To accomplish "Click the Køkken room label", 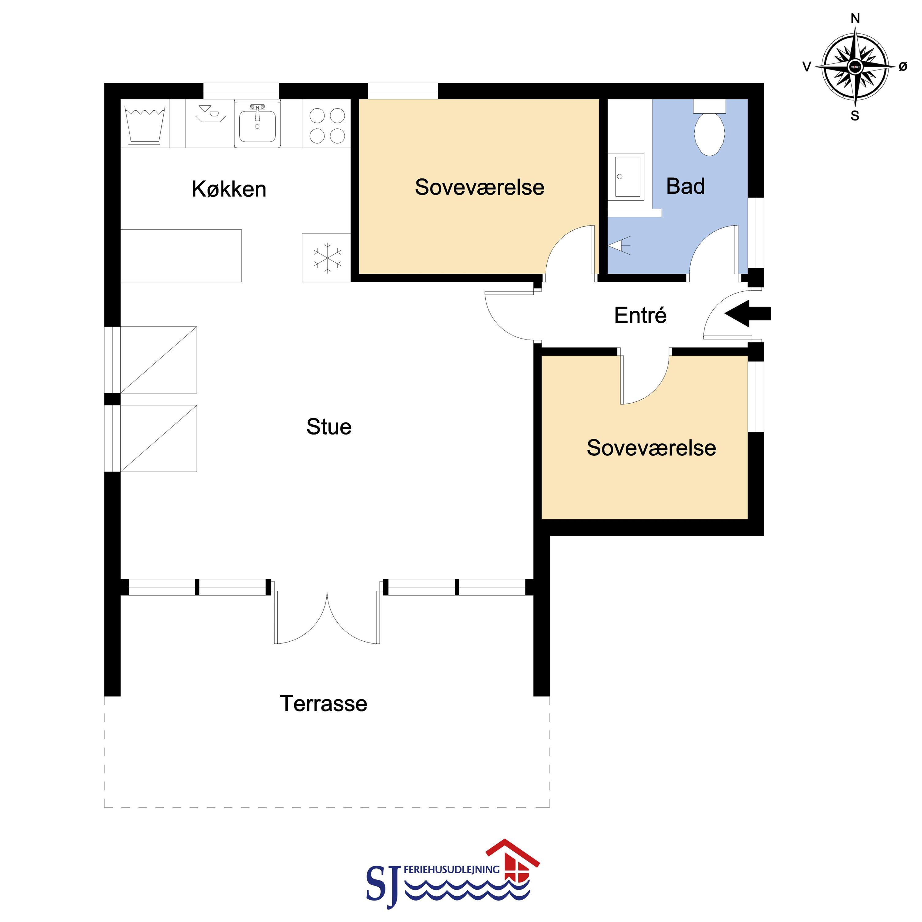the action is point(229,189).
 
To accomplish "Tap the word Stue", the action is point(329,427).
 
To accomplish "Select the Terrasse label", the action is point(324,704).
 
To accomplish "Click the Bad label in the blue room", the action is point(685,186).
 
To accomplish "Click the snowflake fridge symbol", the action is point(327,258).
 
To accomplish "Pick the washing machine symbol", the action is point(145,124).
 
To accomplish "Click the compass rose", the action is point(855,67).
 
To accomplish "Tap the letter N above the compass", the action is point(855,19).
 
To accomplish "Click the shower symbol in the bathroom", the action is point(619,245).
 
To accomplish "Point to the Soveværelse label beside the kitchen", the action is point(480,187).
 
